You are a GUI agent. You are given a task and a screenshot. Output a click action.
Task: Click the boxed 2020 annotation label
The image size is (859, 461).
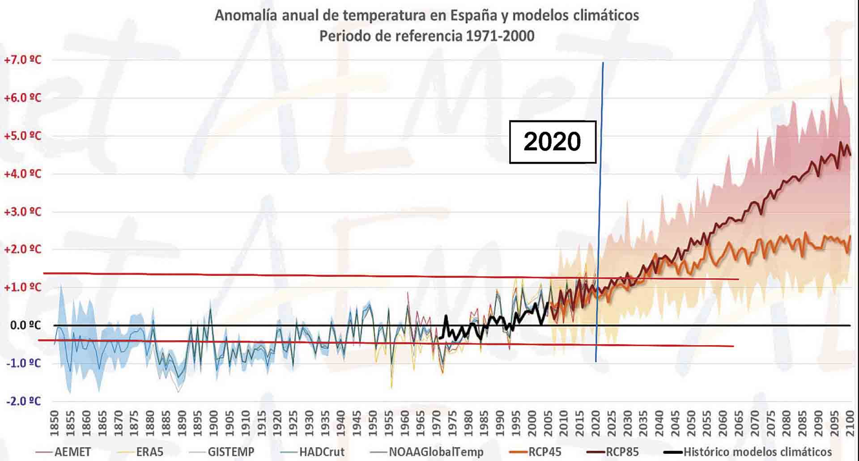[553, 142]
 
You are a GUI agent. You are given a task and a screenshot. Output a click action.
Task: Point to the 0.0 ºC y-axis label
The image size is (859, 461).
[25, 325]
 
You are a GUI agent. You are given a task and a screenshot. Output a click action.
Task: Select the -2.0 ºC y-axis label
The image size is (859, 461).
[23, 401]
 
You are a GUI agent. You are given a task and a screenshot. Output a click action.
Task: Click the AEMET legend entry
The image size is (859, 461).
[72, 452]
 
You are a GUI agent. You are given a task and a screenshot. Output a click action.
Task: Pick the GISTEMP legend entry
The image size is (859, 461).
[230, 452]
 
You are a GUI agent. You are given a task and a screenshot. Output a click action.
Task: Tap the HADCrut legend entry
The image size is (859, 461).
[322, 452]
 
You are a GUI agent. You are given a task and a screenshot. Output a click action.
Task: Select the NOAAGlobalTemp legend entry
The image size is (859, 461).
[436, 452]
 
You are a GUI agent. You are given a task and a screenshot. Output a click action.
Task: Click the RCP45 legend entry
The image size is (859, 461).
[544, 452]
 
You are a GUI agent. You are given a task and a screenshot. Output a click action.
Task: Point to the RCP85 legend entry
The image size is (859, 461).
[622, 452]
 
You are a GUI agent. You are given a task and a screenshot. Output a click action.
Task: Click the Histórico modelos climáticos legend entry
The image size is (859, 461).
[757, 452]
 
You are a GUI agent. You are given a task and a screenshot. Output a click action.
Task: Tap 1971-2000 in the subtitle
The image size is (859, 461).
[500, 36]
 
